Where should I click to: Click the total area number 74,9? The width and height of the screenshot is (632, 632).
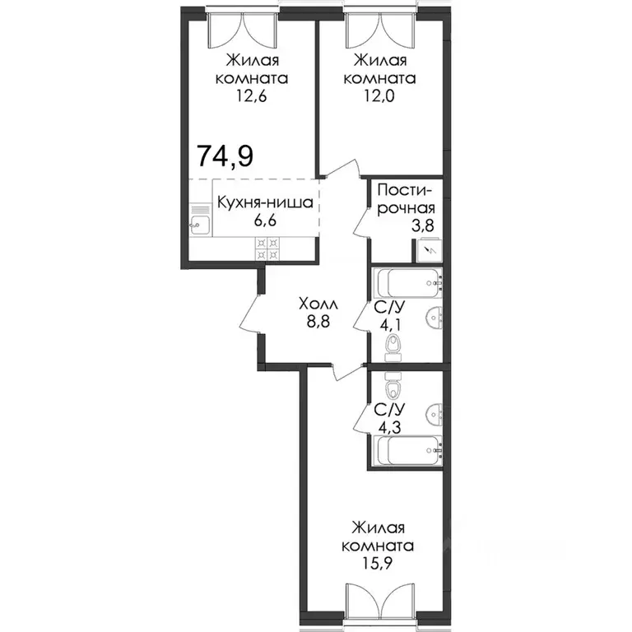point(225,156)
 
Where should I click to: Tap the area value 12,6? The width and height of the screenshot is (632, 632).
point(252,97)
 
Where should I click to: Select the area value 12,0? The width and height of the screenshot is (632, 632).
point(379,97)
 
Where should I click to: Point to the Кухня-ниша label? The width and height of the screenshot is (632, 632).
point(265,202)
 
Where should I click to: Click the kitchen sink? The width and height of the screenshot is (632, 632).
point(199,225)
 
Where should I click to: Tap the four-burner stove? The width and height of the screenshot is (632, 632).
point(267,249)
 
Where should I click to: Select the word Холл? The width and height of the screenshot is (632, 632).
point(318,304)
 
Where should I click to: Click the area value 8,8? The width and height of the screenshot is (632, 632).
point(318,322)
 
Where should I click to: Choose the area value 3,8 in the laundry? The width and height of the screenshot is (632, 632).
point(422,225)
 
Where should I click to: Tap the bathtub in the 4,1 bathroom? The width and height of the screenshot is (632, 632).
point(408,283)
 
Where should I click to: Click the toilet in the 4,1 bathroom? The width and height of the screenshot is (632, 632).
point(393,349)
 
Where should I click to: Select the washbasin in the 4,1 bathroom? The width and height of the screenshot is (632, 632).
point(434,318)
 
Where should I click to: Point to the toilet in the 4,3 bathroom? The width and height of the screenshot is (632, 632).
point(393,384)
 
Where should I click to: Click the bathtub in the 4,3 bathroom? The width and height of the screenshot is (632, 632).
point(408,450)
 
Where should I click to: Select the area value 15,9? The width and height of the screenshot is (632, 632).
point(378,564)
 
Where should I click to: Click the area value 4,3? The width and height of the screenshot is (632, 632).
point(389,427)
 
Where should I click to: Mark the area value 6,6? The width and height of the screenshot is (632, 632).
point(265,221)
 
